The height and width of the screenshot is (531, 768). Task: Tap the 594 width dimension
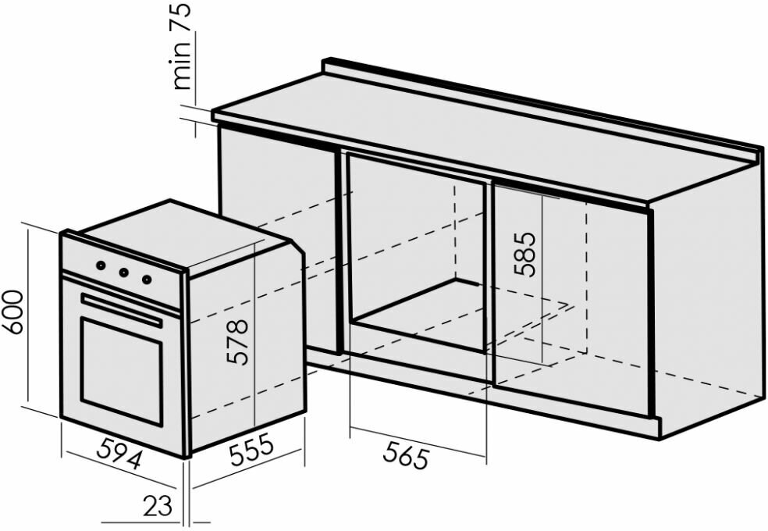(119, 454)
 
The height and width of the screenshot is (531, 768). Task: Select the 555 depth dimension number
(251, 451)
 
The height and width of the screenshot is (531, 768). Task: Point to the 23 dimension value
(157, 506)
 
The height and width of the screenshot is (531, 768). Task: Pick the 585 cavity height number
(524, 255)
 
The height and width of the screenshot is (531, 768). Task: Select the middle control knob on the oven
(123, 273)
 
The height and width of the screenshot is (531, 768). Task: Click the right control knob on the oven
(146, 279)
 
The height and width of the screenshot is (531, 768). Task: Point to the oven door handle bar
(121, 310)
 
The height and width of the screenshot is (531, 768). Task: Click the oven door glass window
(121, 371)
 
